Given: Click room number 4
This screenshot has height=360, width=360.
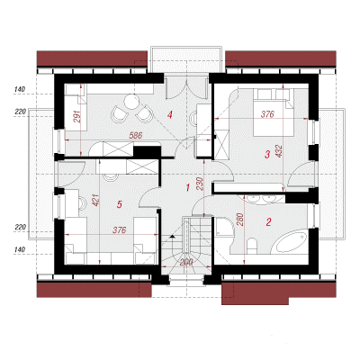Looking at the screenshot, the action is [170, 114].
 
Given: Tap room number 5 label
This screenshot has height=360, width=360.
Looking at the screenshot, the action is [120, 204].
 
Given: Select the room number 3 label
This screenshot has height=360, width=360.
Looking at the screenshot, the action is [267, 155].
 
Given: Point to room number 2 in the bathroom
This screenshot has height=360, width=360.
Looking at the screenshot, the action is [268, 222].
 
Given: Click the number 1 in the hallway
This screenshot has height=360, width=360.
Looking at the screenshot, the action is [188, 188].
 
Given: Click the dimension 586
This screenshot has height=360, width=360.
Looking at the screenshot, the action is [136, 136].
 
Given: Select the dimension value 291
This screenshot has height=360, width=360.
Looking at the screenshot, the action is [76, 116].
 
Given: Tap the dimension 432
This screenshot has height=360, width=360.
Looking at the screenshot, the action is [279, 151].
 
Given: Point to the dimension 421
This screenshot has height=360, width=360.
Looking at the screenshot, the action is [95, 200].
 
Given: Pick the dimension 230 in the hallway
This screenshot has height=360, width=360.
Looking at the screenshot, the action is [200, 184].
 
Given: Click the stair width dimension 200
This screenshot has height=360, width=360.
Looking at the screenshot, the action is [186, 263].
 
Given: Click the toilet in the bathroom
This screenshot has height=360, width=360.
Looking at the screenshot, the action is [252, 246].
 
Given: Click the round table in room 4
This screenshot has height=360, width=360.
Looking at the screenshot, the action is [131, 102].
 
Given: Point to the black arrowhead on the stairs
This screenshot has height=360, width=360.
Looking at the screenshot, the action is [172, 237].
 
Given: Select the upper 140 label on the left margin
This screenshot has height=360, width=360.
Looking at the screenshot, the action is [20, 89].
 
